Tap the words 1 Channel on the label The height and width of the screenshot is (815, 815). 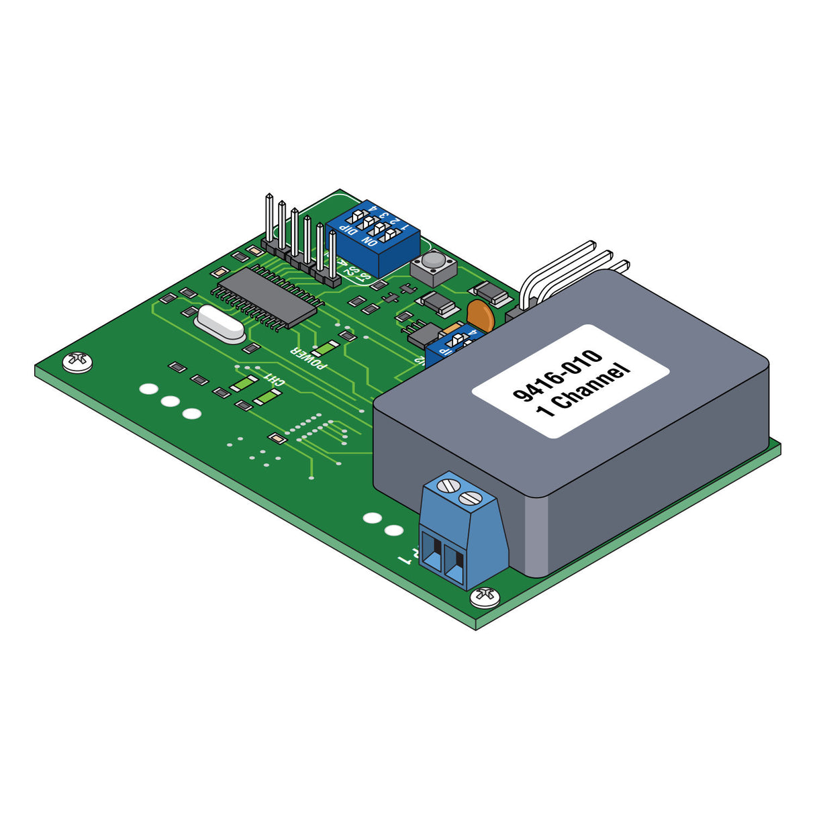coord(584,391)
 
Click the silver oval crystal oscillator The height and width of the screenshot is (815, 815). coord(219,325)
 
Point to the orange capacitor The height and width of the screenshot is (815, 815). coord(481,315)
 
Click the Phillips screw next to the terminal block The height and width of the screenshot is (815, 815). coord(484,595)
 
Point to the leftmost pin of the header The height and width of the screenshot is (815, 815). coord(269,222)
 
